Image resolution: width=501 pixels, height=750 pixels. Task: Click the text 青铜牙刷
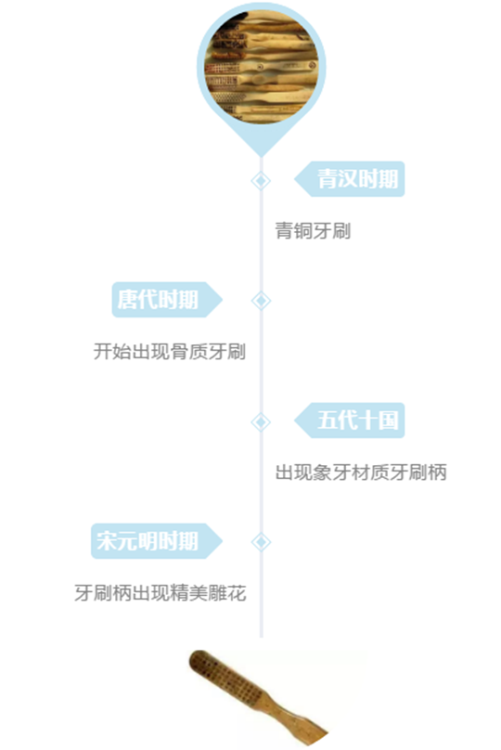pos(314,231)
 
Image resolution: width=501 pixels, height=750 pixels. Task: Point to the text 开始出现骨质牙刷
pos(170,352)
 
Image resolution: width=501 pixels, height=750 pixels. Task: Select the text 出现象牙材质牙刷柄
pos(361,472)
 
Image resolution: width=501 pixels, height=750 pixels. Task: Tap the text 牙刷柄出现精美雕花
pos(161,593)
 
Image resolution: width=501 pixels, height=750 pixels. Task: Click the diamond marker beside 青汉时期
pos(261,181)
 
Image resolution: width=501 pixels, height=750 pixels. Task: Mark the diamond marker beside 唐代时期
pos(261,301)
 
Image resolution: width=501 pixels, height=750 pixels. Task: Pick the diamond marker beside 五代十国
pos(261,421)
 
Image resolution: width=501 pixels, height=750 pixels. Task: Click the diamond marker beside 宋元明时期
pos(261,542)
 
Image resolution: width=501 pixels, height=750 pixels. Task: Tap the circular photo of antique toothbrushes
pos(261,66)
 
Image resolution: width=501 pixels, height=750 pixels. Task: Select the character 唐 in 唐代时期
pos(128,300)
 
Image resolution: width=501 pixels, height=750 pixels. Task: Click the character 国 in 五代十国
pos(389,420)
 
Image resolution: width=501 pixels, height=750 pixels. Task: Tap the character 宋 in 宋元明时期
pos(107,541)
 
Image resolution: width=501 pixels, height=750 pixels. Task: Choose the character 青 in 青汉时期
pos(328,179)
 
